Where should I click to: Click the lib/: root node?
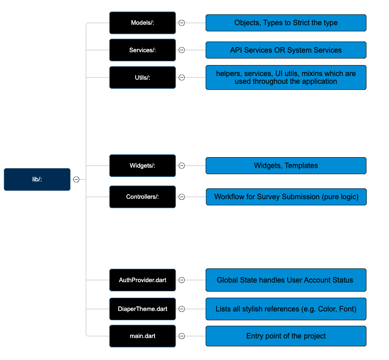(37, 180)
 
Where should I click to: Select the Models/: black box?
(142, 23)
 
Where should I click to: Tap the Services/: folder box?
(142, 50)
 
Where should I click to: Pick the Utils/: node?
(142, 77)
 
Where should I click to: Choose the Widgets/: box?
(142, 166)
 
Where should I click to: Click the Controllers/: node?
(142, 197)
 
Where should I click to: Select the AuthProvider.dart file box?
(142, 280)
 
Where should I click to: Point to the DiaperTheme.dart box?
(142, 309)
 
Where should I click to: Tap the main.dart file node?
(142, 336)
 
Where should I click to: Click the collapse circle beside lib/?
(77, 180)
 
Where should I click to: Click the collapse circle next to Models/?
(182, 23)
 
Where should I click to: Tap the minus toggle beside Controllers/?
(182, 197)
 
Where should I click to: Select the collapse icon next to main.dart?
(182, 336)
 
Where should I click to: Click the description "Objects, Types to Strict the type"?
(286, 23)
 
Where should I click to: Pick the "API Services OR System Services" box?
(286, 50)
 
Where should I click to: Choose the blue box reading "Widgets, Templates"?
(286, 166)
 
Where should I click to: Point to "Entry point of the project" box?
(286, 336)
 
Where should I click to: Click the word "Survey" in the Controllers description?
(268, 197)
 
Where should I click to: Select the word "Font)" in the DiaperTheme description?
(348, 309)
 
